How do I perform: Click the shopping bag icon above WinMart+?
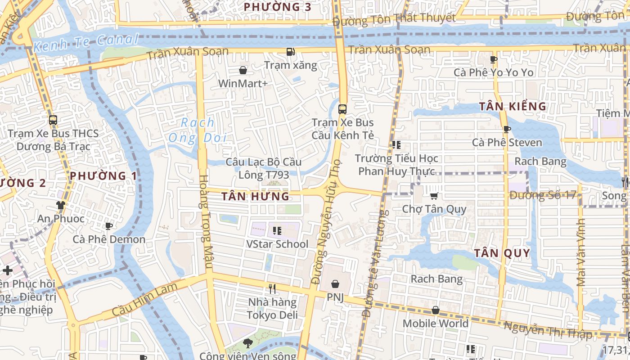[243, 70]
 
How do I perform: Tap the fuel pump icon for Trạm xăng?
[291, 52]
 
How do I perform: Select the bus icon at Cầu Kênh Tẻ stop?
[342, 109]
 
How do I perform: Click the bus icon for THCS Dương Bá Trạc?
[53, 120]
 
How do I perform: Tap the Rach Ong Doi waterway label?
[198, 130]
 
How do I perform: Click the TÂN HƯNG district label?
[255, 196]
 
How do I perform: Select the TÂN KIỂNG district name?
[513, 107]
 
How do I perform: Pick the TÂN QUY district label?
[502, 253]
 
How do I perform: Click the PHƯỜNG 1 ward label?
[103, 175]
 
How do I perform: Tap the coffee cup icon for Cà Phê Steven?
[507, 130]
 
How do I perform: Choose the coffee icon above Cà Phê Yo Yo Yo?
[494, 59]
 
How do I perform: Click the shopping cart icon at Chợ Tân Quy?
[434, 196]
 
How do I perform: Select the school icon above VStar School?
[277, 231]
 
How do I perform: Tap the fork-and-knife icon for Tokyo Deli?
[272, 288]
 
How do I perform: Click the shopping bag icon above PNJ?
[335, 283]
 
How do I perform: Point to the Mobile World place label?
[435, 323]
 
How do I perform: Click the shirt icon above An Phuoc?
[61, 205]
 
